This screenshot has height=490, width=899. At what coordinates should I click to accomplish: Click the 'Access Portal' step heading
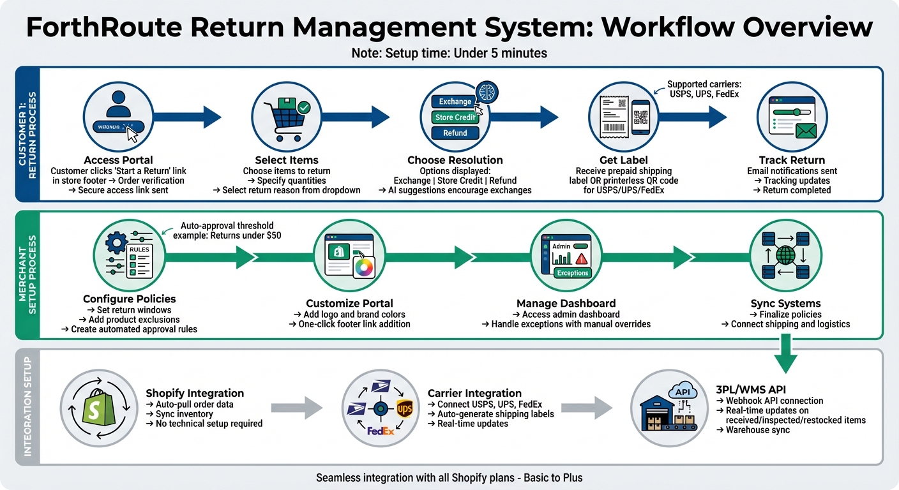click(118, 160)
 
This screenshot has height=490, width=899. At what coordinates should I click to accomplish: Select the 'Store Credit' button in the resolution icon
click(454, 117)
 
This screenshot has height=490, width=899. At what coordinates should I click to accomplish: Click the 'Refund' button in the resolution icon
click(455, 133)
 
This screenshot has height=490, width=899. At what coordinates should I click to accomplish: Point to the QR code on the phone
click(640, 117)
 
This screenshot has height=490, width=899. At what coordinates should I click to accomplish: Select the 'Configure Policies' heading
click(129, 299)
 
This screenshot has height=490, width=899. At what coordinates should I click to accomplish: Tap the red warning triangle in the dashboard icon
click(580, 258)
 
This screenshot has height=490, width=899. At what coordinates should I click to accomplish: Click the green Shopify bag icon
click(97, 406)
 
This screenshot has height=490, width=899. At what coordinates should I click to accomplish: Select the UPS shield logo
click(404, 409)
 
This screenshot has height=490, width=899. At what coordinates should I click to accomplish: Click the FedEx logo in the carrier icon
click(381, 431)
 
